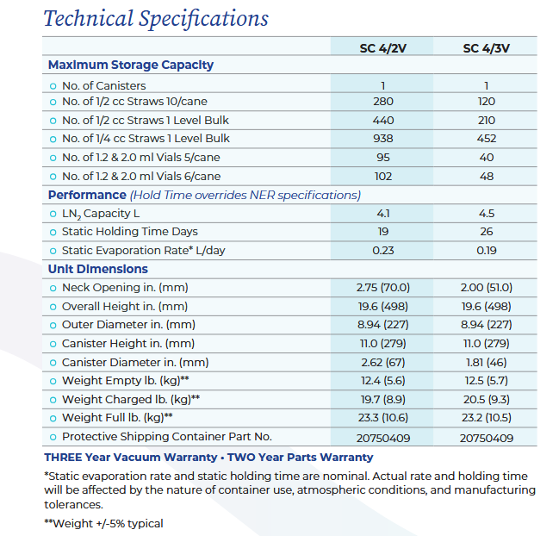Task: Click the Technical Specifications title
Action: (156, 19)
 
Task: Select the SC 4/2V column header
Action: (382, 48)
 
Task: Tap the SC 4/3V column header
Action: (486, 48)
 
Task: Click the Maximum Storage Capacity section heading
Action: (131, 65)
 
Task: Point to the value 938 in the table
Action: (382, 139)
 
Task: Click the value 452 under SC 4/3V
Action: (486, 139)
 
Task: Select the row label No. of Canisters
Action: (103, 85)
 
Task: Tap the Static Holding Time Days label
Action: (129, 232)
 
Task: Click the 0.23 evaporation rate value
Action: (382, 251)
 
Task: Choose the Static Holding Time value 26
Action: (486, 232)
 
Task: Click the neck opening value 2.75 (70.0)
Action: (382, 288)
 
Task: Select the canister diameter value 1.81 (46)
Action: (486, 363)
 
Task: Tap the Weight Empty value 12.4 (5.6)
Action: (382, 381)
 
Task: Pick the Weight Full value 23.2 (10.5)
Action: (486, 418)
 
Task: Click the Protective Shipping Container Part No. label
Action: (166, 437)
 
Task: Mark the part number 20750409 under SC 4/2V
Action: (382, 438)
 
